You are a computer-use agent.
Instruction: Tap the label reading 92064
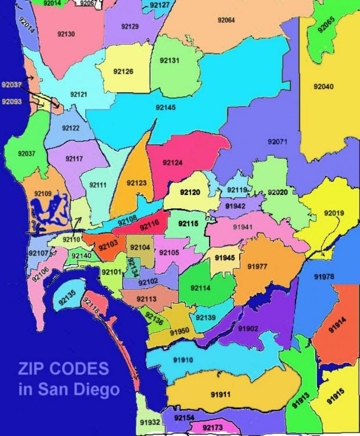[x=226, y=20]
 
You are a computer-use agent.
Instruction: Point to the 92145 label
[x=166, y=107]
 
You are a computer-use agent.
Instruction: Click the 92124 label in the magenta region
[x=172, y=162]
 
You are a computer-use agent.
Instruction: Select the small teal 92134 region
[x=133, y=267]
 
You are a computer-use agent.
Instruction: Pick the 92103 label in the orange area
[x=107, y=246]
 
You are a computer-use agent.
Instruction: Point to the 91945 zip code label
[x=225, y=258]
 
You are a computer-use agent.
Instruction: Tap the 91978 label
[x=324, y=277]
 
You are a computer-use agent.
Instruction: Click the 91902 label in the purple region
[x=248, y=328]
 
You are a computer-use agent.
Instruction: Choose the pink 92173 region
[x=212, y=427]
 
